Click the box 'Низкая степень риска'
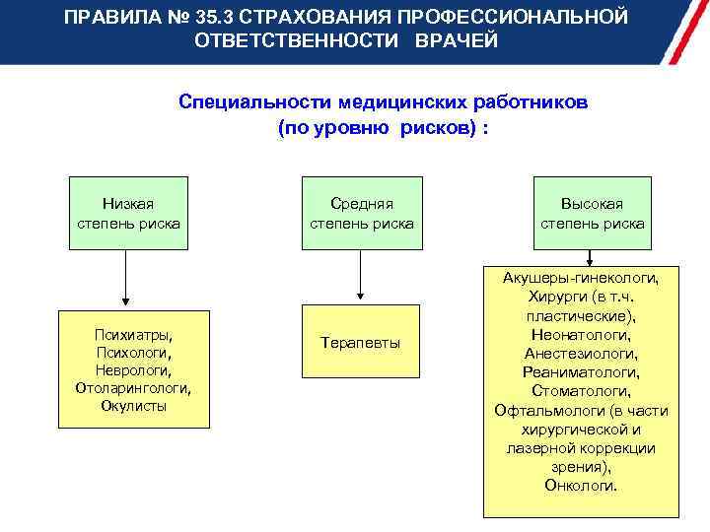coord(127,214)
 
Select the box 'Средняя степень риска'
coord(361,214)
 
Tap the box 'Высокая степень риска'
coord(592,214)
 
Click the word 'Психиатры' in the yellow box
coord(132,334)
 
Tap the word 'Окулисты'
coord(133,405)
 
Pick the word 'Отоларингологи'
coord(132,387)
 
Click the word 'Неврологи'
coord(132,369)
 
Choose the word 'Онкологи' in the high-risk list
coord(581,486)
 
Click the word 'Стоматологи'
coord(581,391)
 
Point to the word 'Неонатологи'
coord(581,334)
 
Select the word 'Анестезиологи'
coord(581,353)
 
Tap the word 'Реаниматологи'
coord(581,372)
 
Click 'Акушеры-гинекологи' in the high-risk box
coord(581,278)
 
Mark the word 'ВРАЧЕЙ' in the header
coord(457,41)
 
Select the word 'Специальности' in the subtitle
coord(254,102)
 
